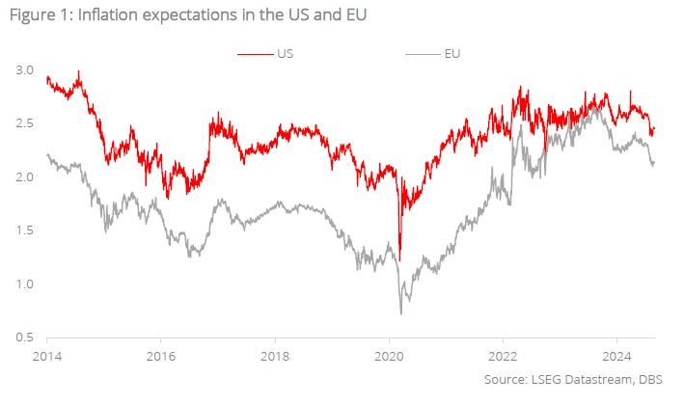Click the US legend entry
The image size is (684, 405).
point(287,53)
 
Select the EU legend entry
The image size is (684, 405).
point(452,53)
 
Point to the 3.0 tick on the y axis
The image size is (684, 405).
point(26,70)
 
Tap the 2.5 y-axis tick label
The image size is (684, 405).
point(26,123)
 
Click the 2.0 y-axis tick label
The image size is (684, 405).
point(26,177)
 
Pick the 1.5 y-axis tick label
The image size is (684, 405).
point(26,230)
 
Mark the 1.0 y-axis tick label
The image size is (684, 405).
point(26,284)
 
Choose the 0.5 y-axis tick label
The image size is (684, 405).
point(26,337)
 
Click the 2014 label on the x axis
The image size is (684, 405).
point(47,355)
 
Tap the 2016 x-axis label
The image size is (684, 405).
point(161,355)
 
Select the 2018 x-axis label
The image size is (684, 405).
point(275,355)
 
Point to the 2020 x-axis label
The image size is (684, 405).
point(389,355)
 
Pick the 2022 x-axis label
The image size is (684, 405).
point(503,355)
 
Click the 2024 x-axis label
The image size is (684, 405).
point(616,355)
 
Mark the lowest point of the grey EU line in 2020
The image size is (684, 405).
point(400,313)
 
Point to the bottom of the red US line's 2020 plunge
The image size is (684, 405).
point(399,259)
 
